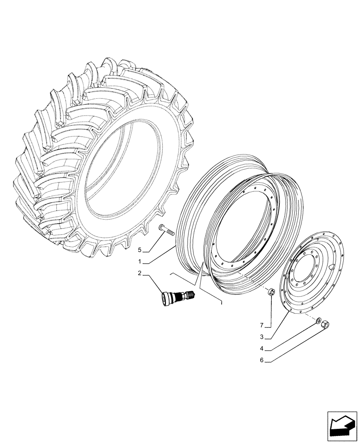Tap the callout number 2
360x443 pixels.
coord(140,273)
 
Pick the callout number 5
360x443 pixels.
coord(140,250)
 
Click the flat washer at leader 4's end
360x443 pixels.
coord(319,320)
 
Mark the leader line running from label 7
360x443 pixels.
coord(272,310)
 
